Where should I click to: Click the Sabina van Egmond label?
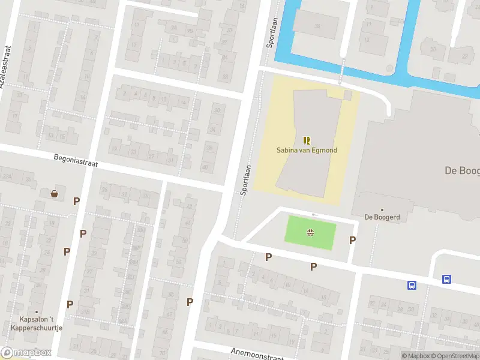tap(307, 149)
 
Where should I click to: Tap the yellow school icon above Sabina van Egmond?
tap(307, 140)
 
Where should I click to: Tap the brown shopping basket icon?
tap(55, 194)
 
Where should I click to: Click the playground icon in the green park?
tap(311, 233)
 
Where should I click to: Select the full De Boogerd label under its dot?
tap(382, 217)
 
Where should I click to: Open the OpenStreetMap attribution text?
tap(454, 356)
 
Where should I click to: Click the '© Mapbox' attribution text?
tap(415, 356)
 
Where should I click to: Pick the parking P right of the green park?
tap(352, 240)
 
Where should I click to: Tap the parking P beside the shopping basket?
tap(76, 201)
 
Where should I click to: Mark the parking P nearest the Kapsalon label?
tap(70, 304)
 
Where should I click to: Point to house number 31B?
tap(86, 311)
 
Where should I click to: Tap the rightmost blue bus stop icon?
tap(447, 279)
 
